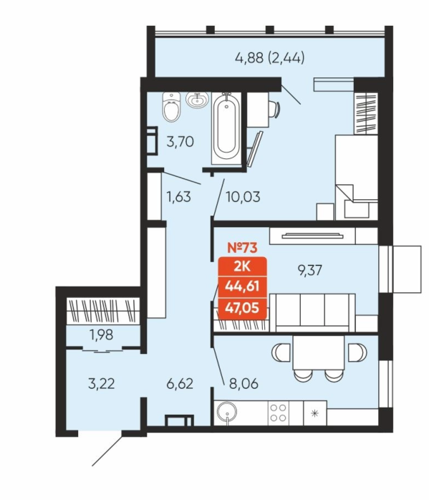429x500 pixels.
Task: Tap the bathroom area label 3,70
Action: (x=180, y=142)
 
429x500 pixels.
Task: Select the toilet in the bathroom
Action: (x=171, y=106)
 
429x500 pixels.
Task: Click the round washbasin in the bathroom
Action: (x=197, y=100)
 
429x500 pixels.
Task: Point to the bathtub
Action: (x=226, y=128)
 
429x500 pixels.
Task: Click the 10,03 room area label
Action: (x=243, y=197)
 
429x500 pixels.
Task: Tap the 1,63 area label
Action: (x=179, y=197)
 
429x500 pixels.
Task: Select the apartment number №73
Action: (x=242, y=247)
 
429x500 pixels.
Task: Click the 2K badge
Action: (x=242, y=266)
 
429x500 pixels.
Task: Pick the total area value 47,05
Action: (x=242, y=308)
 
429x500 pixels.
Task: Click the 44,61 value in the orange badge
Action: (x=242, y=287)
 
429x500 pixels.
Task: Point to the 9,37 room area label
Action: (x=309, y=270)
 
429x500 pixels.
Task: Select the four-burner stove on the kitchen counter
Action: (x=279, y=413)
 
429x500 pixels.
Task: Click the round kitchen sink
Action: (x=226, y=412)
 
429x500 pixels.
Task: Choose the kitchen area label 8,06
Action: (x=244, y=384)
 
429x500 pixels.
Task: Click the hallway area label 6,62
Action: (x=180, y=384)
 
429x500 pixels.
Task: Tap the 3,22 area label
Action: (x=102, y=384)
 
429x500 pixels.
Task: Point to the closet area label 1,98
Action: (x=102, y=335)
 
